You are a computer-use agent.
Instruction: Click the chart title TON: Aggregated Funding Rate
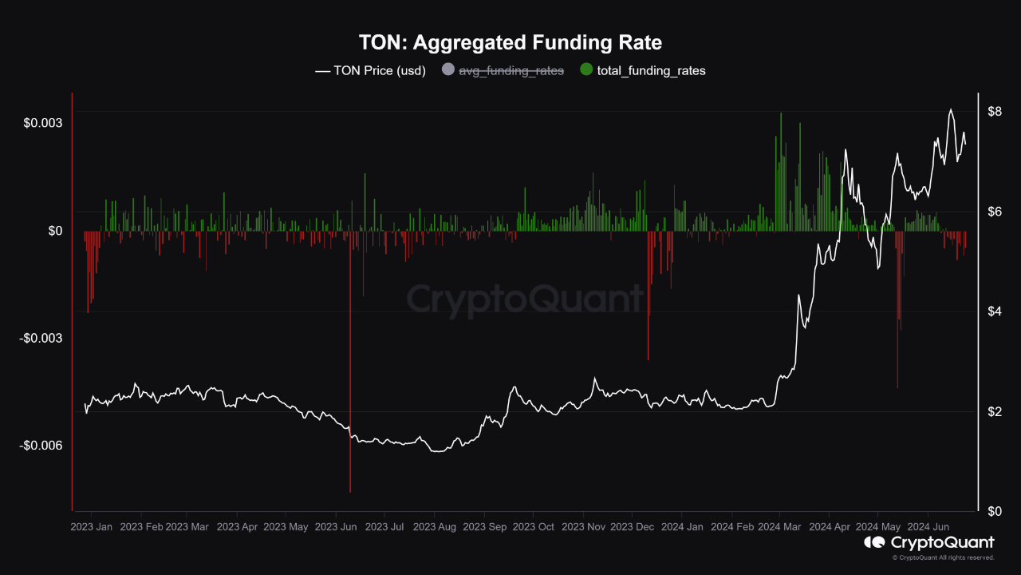coord(510,42)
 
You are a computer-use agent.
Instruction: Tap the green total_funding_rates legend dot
coord(586,70)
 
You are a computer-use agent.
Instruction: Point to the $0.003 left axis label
coord(43,123)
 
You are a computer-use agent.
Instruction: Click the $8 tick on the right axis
coord(994,111)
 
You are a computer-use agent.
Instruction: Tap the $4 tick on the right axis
coord(994,311)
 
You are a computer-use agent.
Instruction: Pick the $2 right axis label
coord(994,411)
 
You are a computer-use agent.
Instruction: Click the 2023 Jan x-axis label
coord(92,527)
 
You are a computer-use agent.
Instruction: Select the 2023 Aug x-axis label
coord(435,527)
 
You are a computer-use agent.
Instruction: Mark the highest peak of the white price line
coord(950,109)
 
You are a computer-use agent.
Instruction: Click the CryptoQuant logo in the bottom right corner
coord(929,543)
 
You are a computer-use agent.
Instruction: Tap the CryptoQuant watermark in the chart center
coord(525,299)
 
